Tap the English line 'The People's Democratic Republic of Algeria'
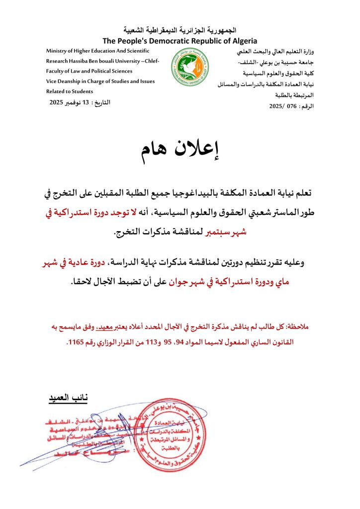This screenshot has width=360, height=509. click(x=180, y=41)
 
